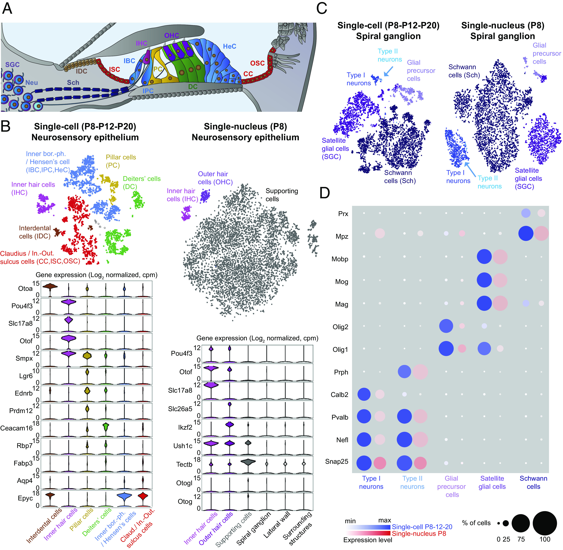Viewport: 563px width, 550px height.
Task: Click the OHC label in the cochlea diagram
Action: click(x=172, y=36)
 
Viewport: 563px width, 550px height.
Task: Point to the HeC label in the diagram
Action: click(x=230, y=47)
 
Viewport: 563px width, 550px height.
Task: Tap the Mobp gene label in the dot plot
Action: click(x=340, y=259)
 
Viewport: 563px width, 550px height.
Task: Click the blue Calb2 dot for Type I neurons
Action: click(x=364, y=394)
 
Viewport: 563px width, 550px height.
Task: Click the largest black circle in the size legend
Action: click(x=545, y=523)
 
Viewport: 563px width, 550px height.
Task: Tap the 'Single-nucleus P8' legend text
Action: click(x=419, y=534)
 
